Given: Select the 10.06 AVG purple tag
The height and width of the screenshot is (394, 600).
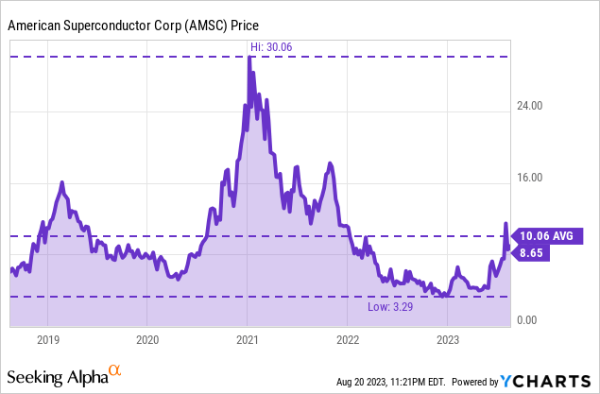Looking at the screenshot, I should pyautogui.click(x=546, y=236).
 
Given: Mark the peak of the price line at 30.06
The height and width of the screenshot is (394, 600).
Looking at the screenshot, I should pyautogui.click(x=249, y=58).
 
